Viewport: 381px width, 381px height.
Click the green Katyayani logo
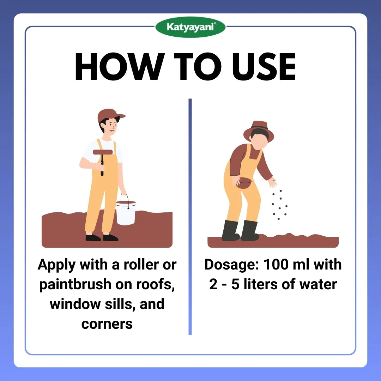click(x=190, y=27)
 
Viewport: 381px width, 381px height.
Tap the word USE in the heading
click(x=264, y=67)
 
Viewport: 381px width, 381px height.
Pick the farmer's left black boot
click(x=230, y=230)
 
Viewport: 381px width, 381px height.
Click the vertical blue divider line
click(x=190, y=217)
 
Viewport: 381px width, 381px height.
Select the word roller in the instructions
click(x=141, y=265)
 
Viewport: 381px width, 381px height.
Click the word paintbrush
click(x=75, y=285)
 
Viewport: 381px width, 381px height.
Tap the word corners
click(x=107, y=324)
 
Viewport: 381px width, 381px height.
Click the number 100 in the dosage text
click(x=275, y=264)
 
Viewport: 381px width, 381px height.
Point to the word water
click(x=318, y=285)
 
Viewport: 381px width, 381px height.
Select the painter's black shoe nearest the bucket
click(x=110, y=237)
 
